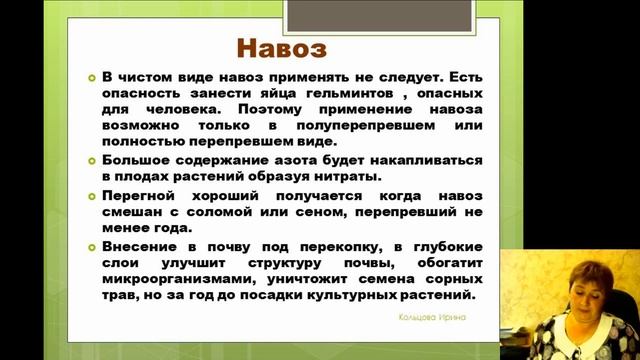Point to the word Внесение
(142, 246)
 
